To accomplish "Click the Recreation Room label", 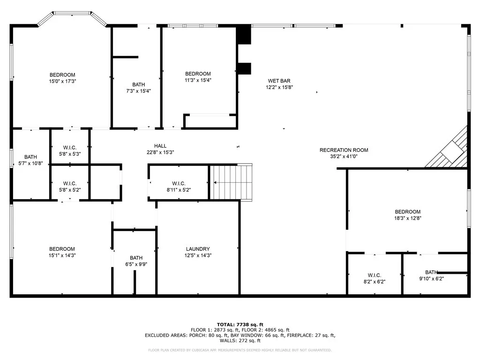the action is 344,150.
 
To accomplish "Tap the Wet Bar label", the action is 279,81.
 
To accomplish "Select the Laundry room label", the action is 198,249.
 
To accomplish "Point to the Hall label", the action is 160,146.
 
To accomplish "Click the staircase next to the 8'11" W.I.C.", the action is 231,182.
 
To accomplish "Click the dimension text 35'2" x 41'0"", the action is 344,157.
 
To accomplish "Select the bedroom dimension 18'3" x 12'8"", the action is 408,218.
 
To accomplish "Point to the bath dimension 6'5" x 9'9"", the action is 136,264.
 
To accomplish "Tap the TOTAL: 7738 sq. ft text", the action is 240,324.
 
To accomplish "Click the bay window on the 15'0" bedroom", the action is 72,18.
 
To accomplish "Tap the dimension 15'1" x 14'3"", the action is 62,255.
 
